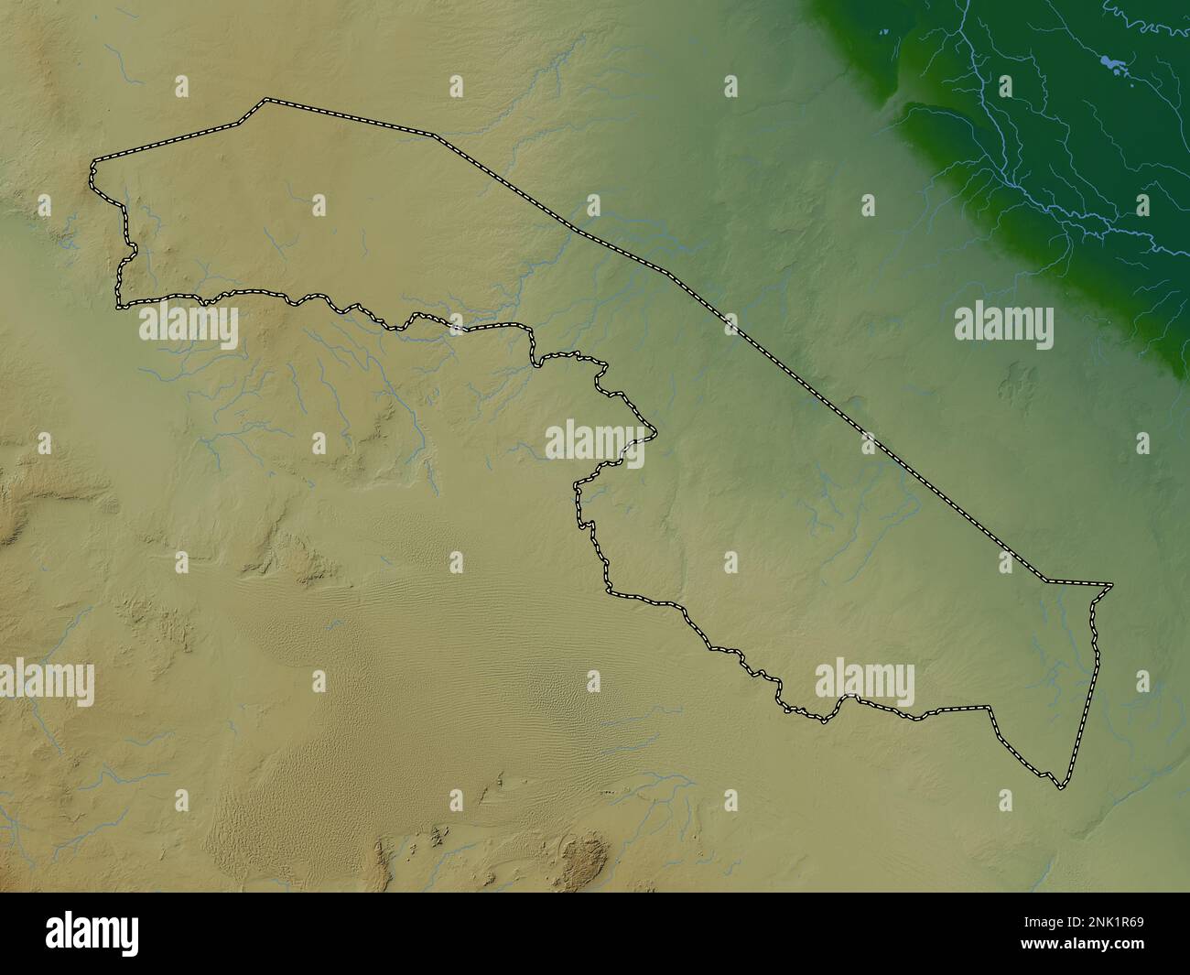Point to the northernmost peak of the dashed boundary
(x=265, y=99)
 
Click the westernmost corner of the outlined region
(x=92, y=168)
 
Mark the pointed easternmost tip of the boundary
(x=1112, y=584)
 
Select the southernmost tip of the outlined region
(x=1060, y=787)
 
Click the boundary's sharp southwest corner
(x=117, y=304)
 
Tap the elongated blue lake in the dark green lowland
(x=1114, y=65)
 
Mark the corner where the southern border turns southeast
(x=990, y=708)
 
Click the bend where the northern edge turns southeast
(x=436, y=136)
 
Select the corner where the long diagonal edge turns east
(x=1048, y=580)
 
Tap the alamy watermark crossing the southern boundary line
(x=864, y=683)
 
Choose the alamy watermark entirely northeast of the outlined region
(x=1003, y=325)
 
